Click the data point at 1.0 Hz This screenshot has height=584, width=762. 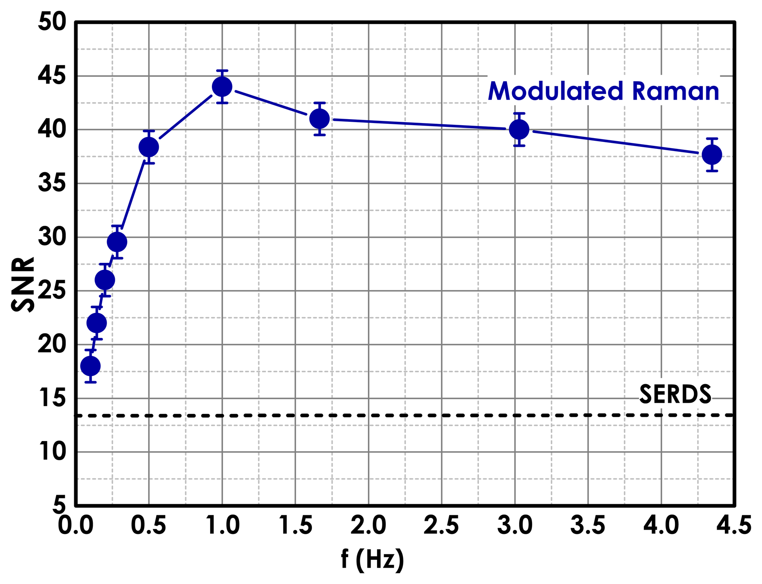pos(222,87)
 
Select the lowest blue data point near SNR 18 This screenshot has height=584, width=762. pos(91,366)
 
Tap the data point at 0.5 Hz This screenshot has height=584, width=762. pos(149,147)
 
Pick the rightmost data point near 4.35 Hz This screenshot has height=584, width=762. pos(712,155)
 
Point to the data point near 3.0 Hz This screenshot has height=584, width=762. pos(519,129)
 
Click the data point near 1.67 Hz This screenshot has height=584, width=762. pos(320,119)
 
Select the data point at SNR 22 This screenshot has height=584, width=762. pos(97,323)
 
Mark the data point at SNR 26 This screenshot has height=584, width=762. pos(105,280)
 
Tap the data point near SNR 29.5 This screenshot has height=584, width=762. pos(117,242)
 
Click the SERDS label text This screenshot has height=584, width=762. pos(675,394)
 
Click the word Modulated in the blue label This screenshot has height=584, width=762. pos(556,92)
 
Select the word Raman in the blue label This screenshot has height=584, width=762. pos(675,92)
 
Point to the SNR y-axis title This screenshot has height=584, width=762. pos(22,284)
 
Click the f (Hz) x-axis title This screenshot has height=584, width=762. pos(372,560)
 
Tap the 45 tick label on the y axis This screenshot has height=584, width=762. pos(52,76)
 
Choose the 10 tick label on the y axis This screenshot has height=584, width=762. pos(52,452)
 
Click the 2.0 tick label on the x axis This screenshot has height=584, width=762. pos(368,526)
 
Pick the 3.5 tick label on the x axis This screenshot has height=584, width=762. pos(588,526)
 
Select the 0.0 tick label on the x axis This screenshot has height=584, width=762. pos(76,526)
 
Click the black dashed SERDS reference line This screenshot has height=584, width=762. pos(388,415)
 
